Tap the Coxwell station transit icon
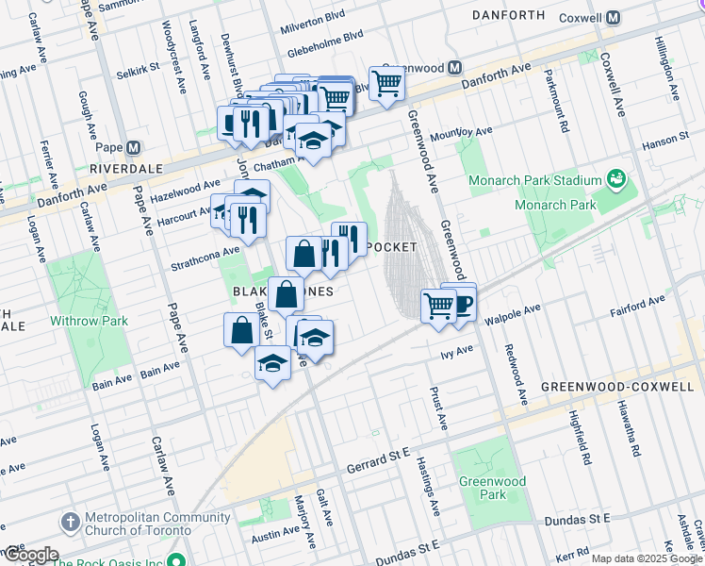[x=613, y=17]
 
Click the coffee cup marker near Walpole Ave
[x=463, y=303]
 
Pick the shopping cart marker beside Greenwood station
[x=386, y=83]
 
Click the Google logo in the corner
[x=30, y=555]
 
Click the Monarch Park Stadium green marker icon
[x=617, y=176]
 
